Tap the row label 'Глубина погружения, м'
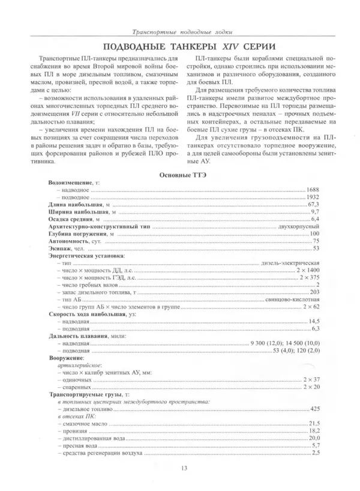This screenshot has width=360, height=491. point(77,234)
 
